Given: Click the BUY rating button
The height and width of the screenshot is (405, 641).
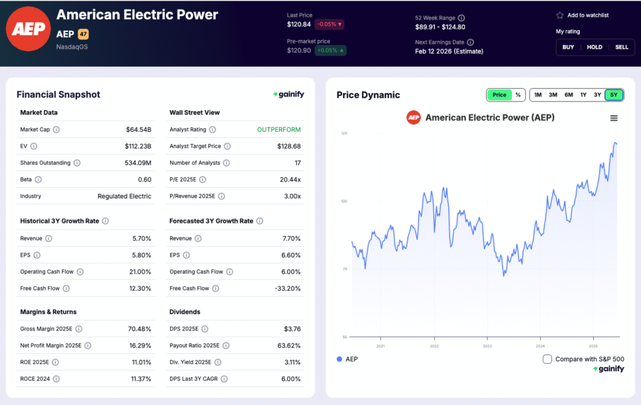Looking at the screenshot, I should click(568, 47).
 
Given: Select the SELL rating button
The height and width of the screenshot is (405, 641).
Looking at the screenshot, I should click(622, 47).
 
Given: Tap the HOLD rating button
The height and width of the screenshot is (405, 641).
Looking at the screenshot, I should click(595, 47).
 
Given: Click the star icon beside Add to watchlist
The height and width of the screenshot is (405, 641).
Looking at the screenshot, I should click(560, 15).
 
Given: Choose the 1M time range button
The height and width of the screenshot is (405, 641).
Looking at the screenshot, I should click(538, 95).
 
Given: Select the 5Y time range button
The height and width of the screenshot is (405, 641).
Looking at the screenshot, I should click(614, 95).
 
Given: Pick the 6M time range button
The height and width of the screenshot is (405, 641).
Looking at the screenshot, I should click(568, 95).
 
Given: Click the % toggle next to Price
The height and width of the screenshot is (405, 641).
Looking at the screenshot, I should click(518, 95).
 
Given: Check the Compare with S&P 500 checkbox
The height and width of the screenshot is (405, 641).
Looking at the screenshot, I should click(547, 359).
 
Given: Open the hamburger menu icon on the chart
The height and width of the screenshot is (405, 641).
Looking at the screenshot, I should click(613, 118).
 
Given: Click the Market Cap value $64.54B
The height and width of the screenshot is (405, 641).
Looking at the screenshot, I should click(138, 130).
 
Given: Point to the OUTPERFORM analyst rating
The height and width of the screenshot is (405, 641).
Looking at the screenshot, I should click(279, 130).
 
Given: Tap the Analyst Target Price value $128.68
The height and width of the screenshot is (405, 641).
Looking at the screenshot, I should click(289, 146).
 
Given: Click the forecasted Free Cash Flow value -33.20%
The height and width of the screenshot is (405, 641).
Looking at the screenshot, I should click(287, 289).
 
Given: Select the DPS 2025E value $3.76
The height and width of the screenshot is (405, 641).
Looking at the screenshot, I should click(292, 329).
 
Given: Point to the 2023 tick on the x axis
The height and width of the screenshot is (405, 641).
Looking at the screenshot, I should click(488, 346).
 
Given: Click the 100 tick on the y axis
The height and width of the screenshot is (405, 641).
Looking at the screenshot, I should click(344, 202).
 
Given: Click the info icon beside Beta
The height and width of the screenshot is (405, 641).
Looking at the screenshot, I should click(38, 180).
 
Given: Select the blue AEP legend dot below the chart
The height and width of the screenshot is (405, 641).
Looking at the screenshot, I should click(339, 359).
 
